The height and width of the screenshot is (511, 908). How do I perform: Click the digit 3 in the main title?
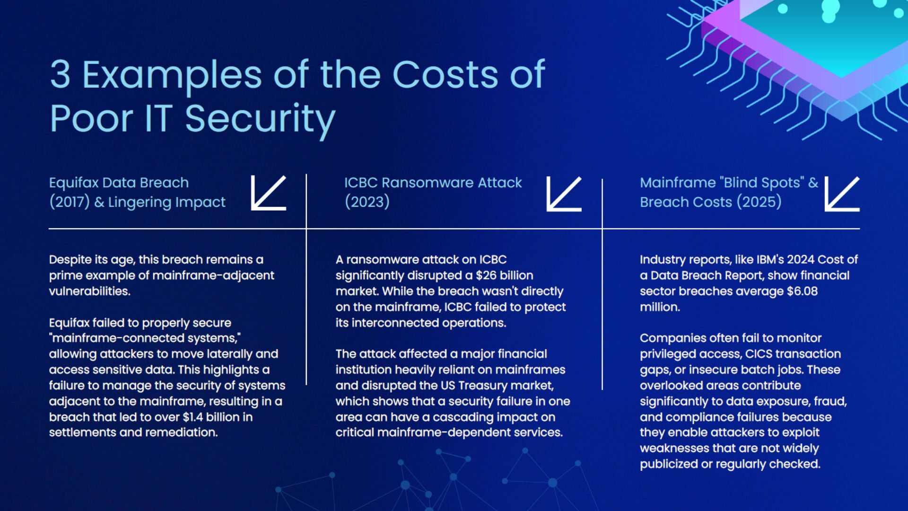(x=61, y=75)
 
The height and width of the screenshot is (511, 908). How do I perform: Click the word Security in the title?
(x=260, y=119)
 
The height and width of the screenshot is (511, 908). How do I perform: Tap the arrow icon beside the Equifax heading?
(x=269, y=193)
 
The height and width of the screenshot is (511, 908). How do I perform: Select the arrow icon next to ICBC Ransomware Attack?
(x=564, y=194)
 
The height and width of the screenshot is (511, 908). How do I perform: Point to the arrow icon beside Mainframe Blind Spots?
(x=842, y=194)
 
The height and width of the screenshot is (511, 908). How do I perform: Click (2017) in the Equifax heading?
(x=69, y=202)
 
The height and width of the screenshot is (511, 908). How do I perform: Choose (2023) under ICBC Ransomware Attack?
(x=367, y=202)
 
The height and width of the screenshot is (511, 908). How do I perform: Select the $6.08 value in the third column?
(x=802, y=291)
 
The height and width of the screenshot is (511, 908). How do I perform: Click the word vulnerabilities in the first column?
(x=89, y=291)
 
